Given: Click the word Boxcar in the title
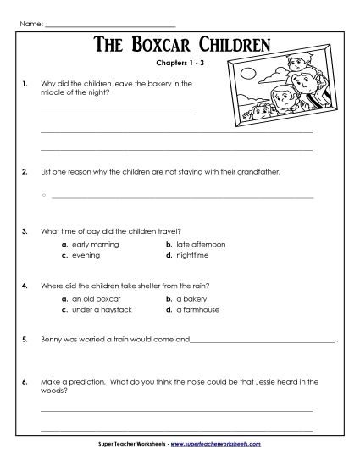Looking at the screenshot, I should point(169,45).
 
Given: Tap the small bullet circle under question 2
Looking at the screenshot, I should point(42,196).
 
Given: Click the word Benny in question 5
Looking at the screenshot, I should point(51,339).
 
